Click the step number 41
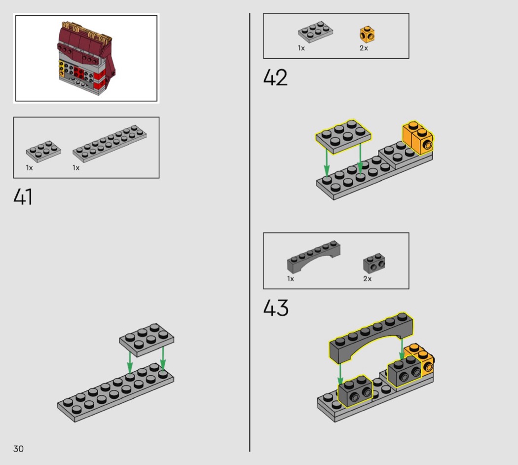click(23, 197)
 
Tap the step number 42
click(275, 77)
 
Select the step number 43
click(276, 308)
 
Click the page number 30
click(19, 449)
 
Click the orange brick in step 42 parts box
click(367, 35)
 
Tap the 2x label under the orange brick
click(364, 48)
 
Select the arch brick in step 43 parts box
click(313, 257)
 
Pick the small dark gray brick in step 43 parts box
click(374, 264)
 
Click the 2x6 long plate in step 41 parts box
click(110, 144)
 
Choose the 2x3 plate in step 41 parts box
click(43, 152)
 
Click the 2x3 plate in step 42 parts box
click(316, 32)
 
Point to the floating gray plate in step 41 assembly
click(147, 340)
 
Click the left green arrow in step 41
click(130, 362)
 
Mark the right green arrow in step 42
click(360, 157)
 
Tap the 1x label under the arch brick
click(291, 279)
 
